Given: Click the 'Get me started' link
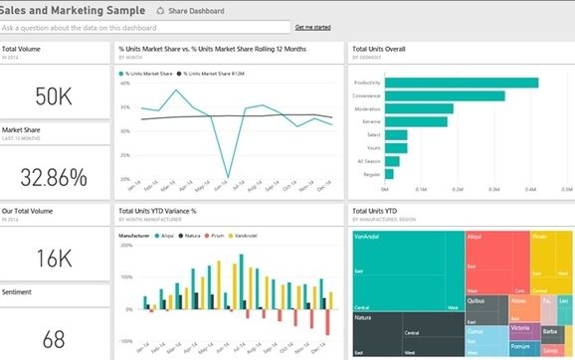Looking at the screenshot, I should (x=312, y=27).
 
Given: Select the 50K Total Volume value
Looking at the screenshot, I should (x=54, y=95).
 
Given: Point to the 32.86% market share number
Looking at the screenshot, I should (x=54, y=175).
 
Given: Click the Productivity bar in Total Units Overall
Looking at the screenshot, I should (x=461, y=83).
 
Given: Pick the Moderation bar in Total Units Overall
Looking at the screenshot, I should (x=419, y=109).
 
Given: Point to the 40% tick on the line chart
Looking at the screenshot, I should (x=126, y=83).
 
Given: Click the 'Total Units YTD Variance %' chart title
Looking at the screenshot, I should (x=157, y=211).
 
